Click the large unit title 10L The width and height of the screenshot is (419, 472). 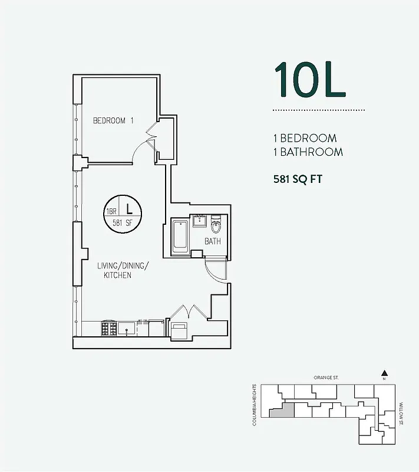309,80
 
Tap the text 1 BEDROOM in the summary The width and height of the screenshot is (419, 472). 305,138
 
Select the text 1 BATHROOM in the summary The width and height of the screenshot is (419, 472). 308,152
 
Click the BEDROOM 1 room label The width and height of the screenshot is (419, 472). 114,120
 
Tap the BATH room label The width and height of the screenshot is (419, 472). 213,241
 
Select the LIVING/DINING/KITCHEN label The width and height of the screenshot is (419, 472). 123,271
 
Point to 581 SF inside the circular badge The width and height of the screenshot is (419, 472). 124,223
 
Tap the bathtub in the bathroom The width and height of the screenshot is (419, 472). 180,236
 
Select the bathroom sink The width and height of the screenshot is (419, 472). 199,221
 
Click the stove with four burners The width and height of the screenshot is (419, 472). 108,328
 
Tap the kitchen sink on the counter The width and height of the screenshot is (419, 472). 126,328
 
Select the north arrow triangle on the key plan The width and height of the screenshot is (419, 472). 384,372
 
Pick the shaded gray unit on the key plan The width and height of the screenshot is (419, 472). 282,410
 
